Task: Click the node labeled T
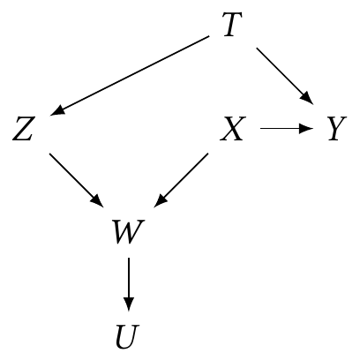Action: [x=232, y=25]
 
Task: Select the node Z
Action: [x=24, y=129]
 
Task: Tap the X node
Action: [x=232, y=129]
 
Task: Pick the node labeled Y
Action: [x=337, y=129]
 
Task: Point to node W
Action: [x=129, y=232]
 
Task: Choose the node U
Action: [x=127, y=336]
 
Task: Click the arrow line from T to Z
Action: [x=130, y=76]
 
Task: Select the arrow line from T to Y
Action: [x=285, y=76]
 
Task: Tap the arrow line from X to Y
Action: [x=287, y=129]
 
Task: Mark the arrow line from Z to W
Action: [x=76, y=180]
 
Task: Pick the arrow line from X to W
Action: [x=181, y=180]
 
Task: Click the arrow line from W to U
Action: [x=129, y=284]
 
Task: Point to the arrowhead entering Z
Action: [x=57, y=110]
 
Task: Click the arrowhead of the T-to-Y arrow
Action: [x=307, y=99]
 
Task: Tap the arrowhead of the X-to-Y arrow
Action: [x=306, y=129]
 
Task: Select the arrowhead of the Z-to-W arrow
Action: [x=97, y=201]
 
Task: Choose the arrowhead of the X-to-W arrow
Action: [x=160, y=201]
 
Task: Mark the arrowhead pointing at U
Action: [x=129, y=304]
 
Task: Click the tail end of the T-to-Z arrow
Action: [x=209, y=36]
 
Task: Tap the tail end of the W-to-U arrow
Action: [x=129, y=258]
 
